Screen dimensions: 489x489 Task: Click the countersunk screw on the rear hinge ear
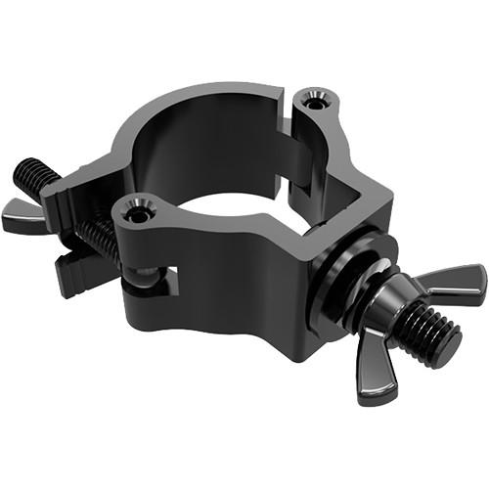point(314,100)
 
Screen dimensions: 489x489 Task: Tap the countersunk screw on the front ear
point(137,211)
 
